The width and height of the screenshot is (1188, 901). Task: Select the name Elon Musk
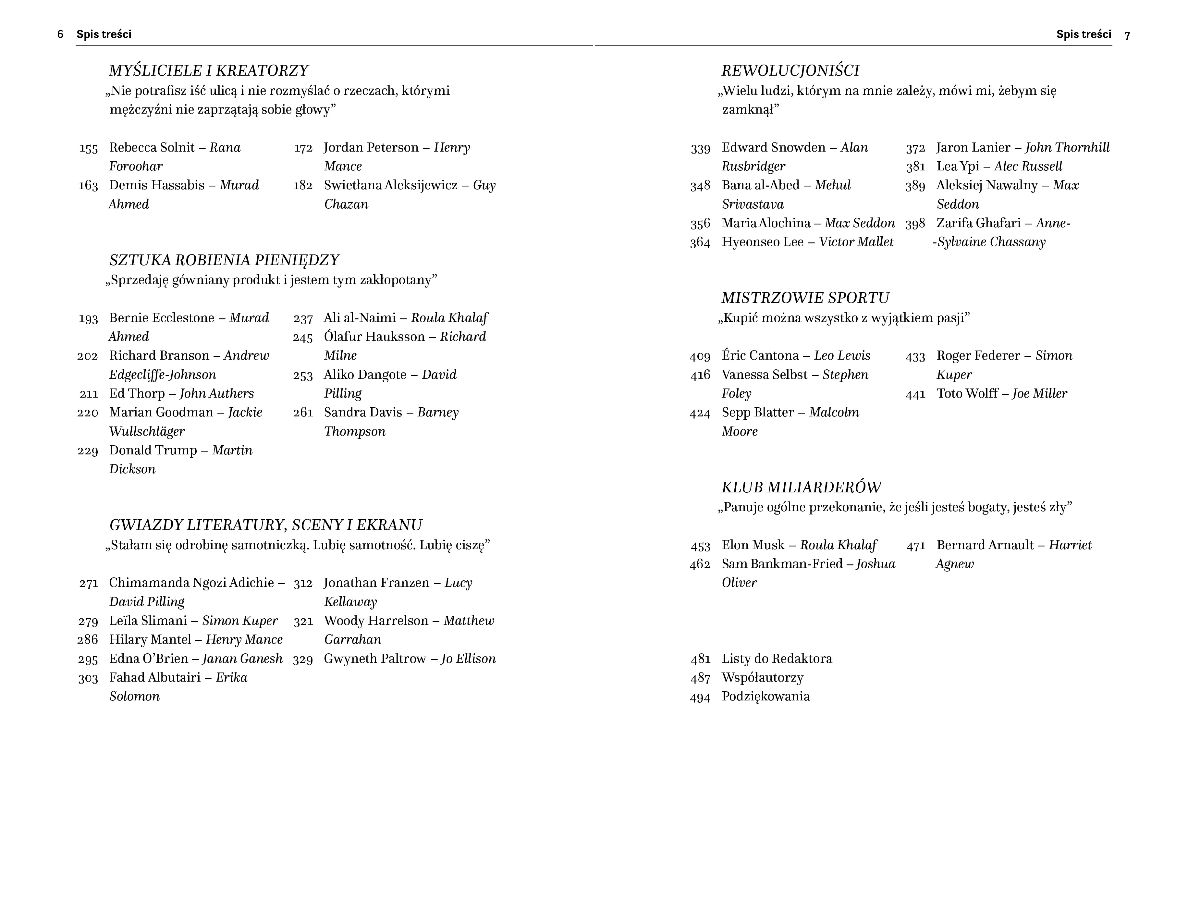click(753, 545)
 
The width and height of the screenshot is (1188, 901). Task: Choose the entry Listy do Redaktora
click(777, 659)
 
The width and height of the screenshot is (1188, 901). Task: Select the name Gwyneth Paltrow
click(375, 659)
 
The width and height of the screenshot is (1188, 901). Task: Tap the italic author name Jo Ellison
click(468, 659)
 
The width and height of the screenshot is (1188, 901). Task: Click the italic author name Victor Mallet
click(856, 242)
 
